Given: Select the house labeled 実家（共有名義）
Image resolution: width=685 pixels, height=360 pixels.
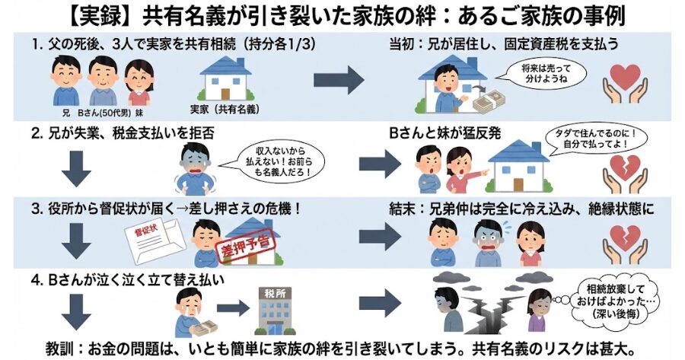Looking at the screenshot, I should click(225, 78).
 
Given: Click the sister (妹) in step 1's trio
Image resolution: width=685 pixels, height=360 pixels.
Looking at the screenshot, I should click(139, 82).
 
